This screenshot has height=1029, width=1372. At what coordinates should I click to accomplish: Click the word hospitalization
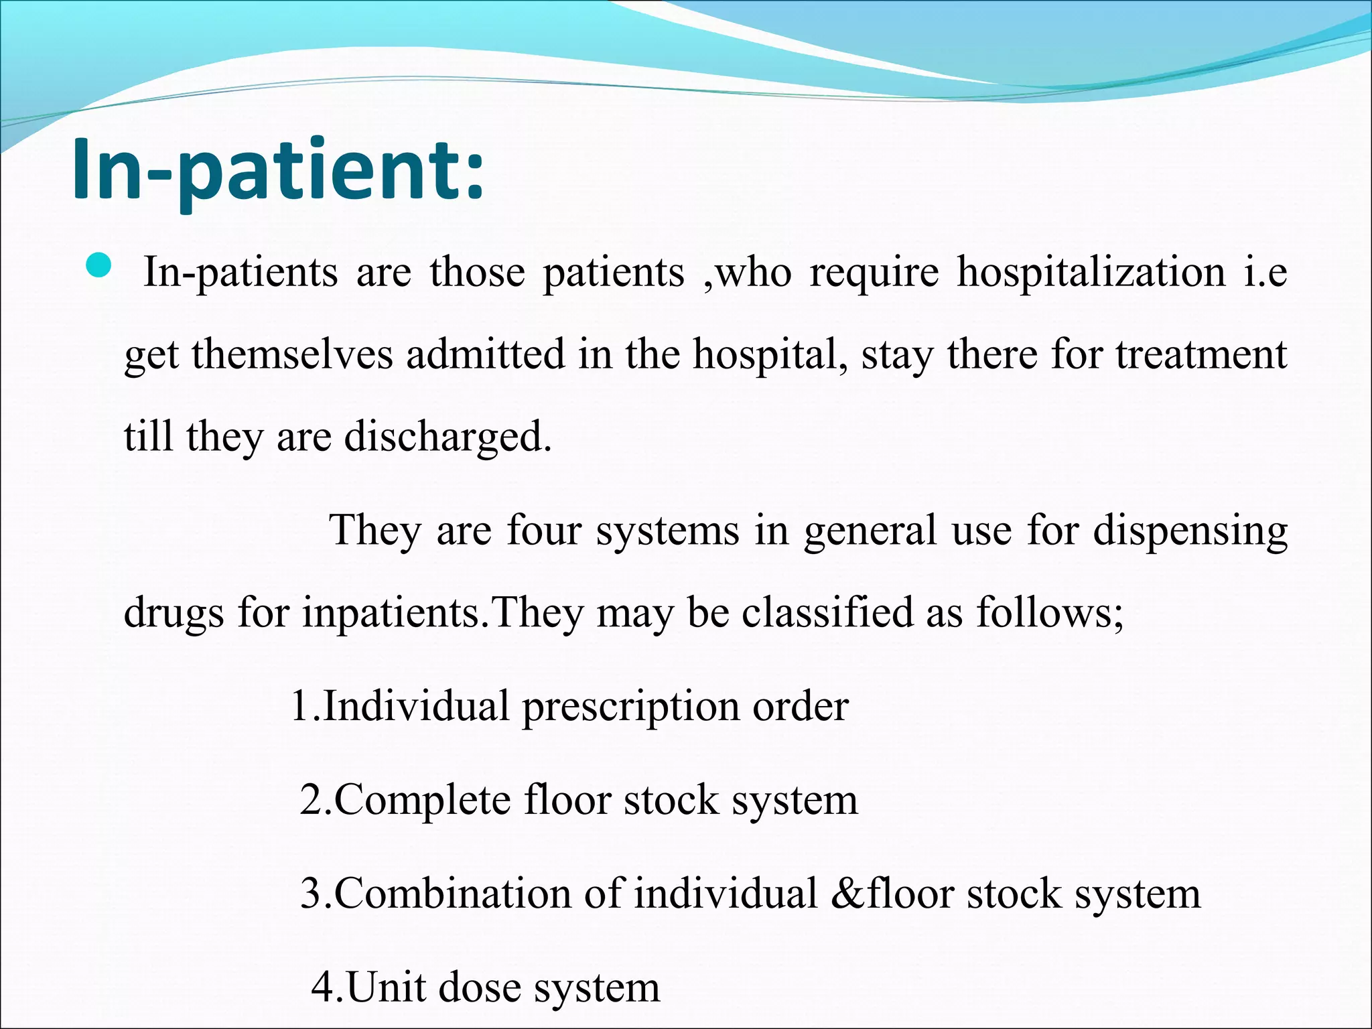[1091, 273]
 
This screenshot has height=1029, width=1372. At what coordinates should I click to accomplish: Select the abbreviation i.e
[1265, 273]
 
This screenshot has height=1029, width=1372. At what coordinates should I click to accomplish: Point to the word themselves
[292, 355]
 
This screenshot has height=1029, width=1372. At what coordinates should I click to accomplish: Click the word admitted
[485, 355]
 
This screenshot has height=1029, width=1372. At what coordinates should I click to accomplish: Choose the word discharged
[448, 437]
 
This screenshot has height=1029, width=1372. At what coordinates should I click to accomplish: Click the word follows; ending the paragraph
[1049, 612]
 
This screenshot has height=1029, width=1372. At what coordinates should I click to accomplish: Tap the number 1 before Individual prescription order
[300, 706]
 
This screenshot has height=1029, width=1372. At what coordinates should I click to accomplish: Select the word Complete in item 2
[421, 801]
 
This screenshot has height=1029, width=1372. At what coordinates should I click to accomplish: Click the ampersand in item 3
[847, 894]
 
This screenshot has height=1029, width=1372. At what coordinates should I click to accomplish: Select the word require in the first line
[874, 273]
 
